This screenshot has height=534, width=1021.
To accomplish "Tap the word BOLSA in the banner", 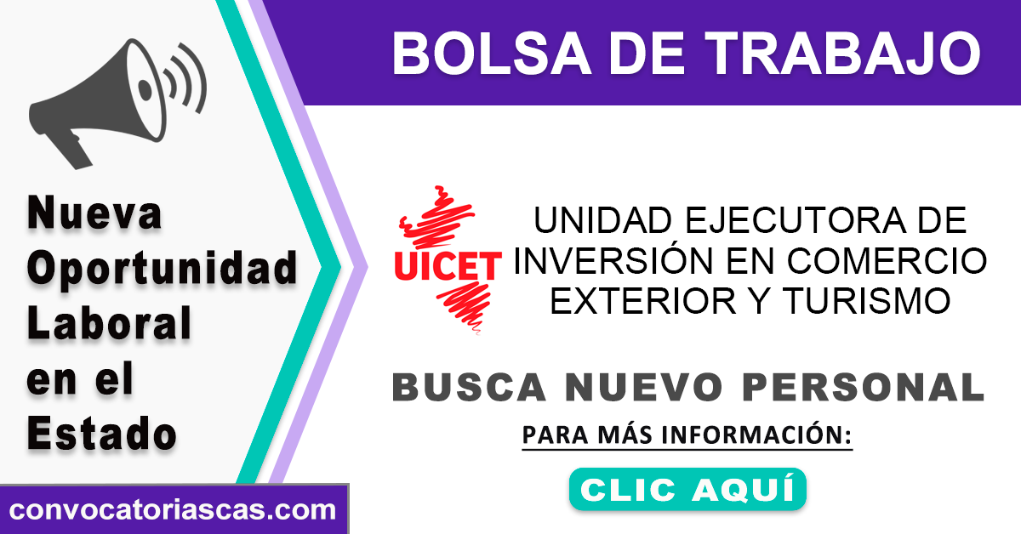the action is pos(492,54).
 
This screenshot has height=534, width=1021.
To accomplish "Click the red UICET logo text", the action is pos(448,265).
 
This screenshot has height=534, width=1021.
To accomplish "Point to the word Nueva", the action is pos(94,213).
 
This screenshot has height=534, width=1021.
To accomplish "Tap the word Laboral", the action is pos(109,322).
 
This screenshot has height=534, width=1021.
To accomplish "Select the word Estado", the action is pos(101,433).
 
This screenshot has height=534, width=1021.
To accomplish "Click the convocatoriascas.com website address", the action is pos(172,510).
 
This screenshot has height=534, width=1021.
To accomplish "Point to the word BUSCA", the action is pos(469,387).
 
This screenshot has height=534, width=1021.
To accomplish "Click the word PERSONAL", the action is pos(864,387).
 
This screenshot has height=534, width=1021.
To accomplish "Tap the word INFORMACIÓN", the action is pos(756,435).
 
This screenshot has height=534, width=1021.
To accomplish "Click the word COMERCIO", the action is pos(887,262).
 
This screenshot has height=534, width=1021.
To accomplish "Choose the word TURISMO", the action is pos(866,301).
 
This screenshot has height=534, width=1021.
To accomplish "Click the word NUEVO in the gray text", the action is pos(644,387).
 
